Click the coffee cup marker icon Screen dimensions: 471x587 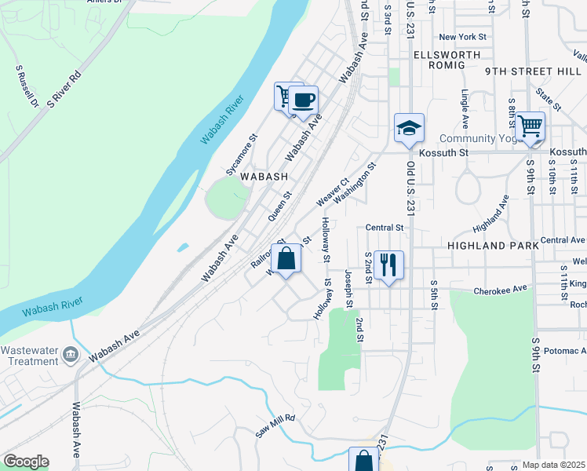tap(303, 100)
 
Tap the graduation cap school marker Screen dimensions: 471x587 tap(409, 128)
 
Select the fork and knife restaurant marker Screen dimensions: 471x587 tap(388, 265)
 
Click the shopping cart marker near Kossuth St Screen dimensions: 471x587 tap(530, 125)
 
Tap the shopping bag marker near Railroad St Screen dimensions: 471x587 tap(286, 258)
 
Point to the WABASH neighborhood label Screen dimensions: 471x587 tap(264, 177)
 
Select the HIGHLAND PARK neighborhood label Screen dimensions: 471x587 tap(492, 246)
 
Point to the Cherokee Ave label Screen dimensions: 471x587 tap(501, 290)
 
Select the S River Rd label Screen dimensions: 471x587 tap(64, 89)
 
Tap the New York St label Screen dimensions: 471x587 tap(463, 37)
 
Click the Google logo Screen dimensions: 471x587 tap(26, 462)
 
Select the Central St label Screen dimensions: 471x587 tap(384, 228)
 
